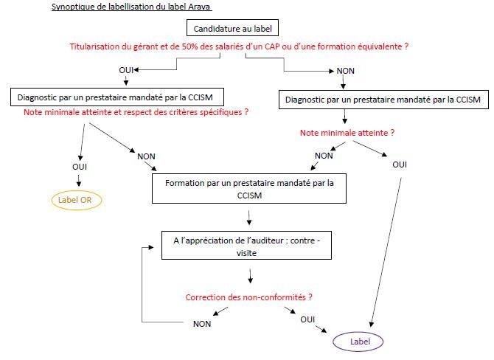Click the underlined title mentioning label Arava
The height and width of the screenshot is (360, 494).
(x=132, y=7)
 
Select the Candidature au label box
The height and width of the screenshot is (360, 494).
(x=232, y=28)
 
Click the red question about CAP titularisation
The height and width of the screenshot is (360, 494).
(x=239, y=46)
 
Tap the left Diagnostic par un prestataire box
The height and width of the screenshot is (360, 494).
(x=117, y=97)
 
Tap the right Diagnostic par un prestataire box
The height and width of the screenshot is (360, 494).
(x=383, y=100)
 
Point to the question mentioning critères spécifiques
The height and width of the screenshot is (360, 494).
(x=136, y=112)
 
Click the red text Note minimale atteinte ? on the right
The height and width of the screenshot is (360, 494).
(x=347, y=133)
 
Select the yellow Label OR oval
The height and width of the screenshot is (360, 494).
(x=77, y=200)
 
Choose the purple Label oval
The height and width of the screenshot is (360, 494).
(x=358, y=342)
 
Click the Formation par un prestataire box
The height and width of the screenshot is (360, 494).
(x=249, y=189)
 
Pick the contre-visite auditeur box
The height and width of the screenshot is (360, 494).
(x=246, y=246)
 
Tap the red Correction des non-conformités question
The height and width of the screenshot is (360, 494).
(x=249, y=297)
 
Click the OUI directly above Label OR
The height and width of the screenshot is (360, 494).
(x=80, y=167)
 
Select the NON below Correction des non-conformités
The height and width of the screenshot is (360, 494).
(x=202, y=324)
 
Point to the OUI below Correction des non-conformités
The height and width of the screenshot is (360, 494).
(x=307, y=319)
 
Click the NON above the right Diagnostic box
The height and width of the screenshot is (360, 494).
(x=346, y=71)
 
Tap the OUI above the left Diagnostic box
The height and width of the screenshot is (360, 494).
(x=126, y=70)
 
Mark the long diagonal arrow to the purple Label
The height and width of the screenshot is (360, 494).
(x=386, y=252)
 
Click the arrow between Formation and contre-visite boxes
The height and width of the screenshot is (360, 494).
(x=249, y=218)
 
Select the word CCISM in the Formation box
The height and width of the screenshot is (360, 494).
(x=249, y=195)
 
